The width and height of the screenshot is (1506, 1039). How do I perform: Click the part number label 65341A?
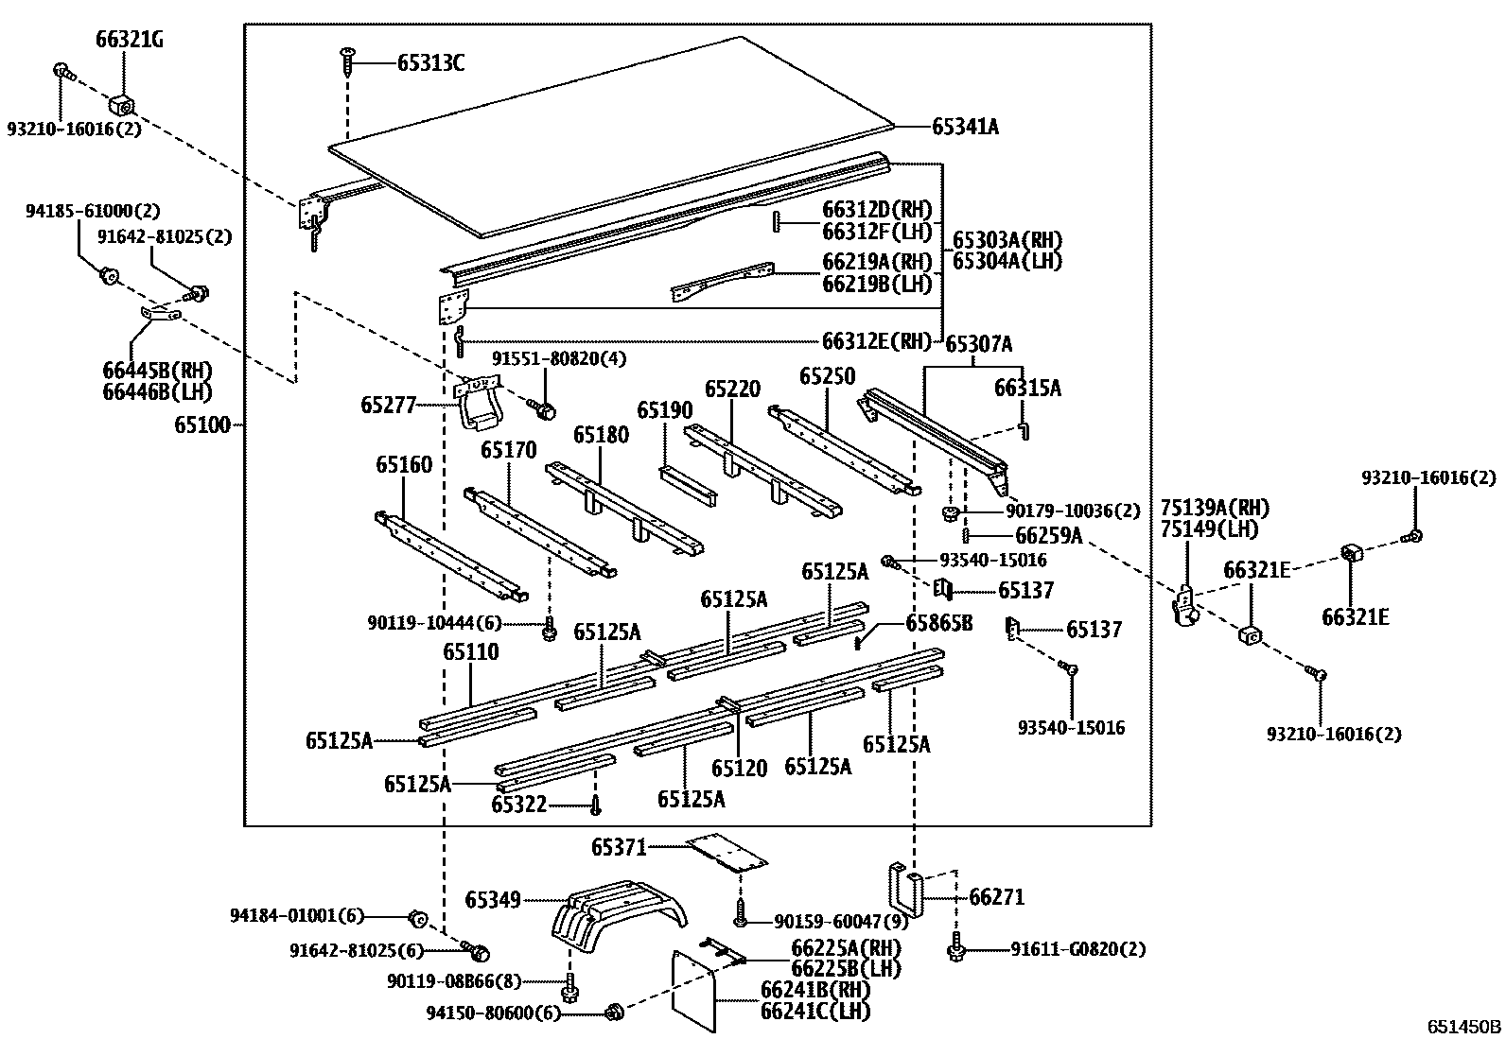pos(965,126)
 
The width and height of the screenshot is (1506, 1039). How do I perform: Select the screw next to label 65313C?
pos(347,62)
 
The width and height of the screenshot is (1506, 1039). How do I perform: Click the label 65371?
pos(619,847)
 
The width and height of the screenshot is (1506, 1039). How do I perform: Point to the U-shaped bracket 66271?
pos(903,889)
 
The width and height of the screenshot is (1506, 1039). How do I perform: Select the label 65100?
pos(201,425)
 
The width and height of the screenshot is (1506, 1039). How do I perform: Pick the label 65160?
pos(403,464)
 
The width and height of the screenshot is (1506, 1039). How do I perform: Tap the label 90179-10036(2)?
pos(1073,511)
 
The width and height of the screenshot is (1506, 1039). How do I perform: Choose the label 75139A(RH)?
pos(1215,508)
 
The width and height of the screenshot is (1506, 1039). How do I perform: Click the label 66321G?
pos(129,40)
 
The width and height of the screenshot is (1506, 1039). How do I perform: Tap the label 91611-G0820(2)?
pos(1077,949)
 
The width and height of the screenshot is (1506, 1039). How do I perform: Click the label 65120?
pos(739,769)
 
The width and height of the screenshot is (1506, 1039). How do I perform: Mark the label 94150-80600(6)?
pos(493,1013)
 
